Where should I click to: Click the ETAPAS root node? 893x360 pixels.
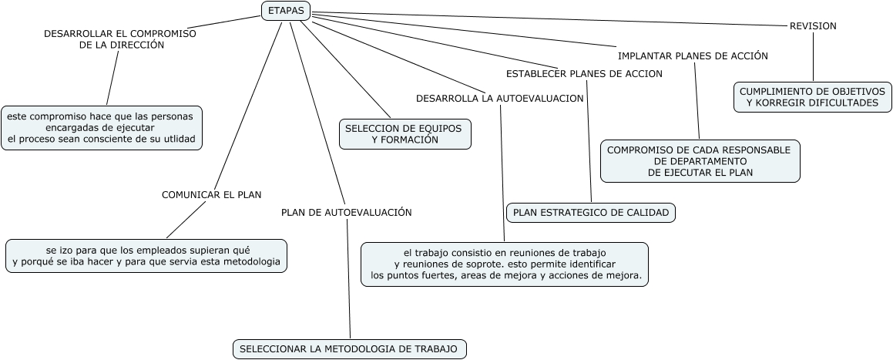tap(286, 11)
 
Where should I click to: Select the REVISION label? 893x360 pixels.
tap(813, 26)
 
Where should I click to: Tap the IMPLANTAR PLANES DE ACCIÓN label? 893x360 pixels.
tap(693, 56)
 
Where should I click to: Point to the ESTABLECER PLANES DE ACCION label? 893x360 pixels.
tap(584, 74)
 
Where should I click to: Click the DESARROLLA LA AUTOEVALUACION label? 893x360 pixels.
tap(499, 99)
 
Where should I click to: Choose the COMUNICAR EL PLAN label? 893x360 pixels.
tap(212, 195)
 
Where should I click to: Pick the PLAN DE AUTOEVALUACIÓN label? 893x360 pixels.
tap(346, 212)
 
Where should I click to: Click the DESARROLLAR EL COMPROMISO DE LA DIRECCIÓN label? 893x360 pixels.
tap(120, 39)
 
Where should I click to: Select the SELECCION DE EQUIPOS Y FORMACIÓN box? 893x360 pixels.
tap(405, 134)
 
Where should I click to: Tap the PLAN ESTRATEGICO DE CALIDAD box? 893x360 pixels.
tap(591, 213)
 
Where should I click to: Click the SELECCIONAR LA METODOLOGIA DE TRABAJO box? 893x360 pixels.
tap(349, 349)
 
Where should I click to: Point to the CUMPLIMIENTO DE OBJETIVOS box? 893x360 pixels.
tap(812, 96)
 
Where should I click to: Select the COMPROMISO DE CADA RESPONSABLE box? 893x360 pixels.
tap(700, 161)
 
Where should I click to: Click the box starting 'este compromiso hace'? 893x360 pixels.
tap(102, 127)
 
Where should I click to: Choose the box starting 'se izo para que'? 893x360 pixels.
tap(146, 256)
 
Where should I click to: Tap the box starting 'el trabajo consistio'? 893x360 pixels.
tap(505, 264)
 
